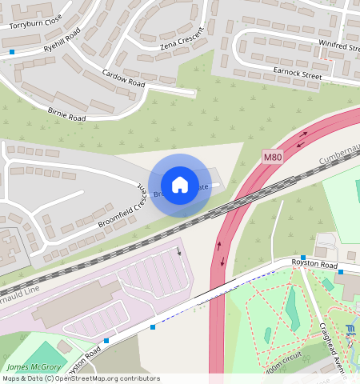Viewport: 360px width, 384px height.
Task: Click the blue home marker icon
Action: click(x=180, y=185)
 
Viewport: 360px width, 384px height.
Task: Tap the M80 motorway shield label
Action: click(x=273, y=158)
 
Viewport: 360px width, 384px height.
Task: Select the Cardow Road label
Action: click(x=123, y=78)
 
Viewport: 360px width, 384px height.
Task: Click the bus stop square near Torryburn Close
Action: click(x=13, y=52)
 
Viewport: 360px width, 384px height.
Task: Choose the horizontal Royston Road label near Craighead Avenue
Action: click(x=315, y=265)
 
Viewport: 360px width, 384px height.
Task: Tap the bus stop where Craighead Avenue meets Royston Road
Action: click(x=341, y=272)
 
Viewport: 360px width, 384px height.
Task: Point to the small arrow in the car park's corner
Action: click(x=179, y=252)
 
